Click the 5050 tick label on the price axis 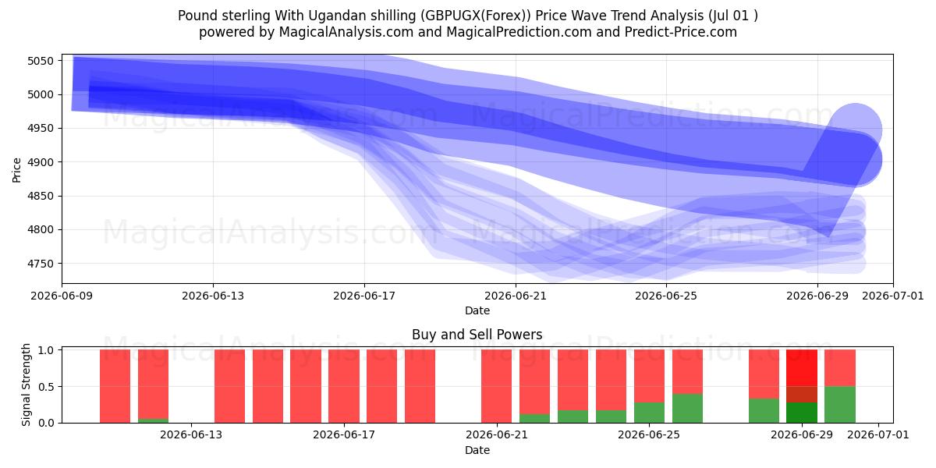[41, 61]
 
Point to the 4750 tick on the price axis [41, 264]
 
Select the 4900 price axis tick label [41, 162]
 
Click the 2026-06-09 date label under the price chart [62, 296]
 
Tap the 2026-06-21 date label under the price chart [516, 296]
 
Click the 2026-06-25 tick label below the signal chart [649, 434]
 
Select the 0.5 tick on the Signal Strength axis [46, 387]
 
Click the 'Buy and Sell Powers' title [477, 335]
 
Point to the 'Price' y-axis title [16, 170]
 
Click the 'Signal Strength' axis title [26, 385]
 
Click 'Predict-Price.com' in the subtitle [681, 32]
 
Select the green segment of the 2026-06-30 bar [840, 405]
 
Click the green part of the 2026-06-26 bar [687, 408]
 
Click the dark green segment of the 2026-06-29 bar [802, 413]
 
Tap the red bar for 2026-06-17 [344, 386]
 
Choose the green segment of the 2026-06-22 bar [534, 418]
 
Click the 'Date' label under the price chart [477, 310]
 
